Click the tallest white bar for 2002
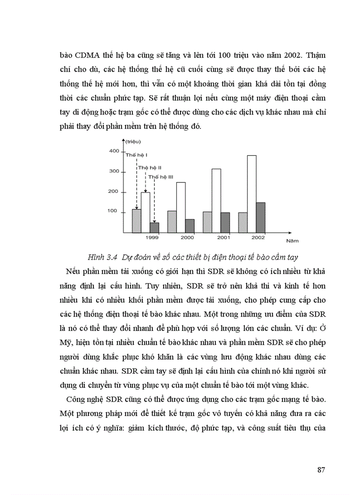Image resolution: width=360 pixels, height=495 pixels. (251, 194)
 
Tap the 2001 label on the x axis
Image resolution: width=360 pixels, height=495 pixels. (224, 238)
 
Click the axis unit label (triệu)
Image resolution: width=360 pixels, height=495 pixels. (132, 141)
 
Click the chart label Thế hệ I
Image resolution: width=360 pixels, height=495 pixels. (136, 155)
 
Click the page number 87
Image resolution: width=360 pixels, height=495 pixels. (321, 469)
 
